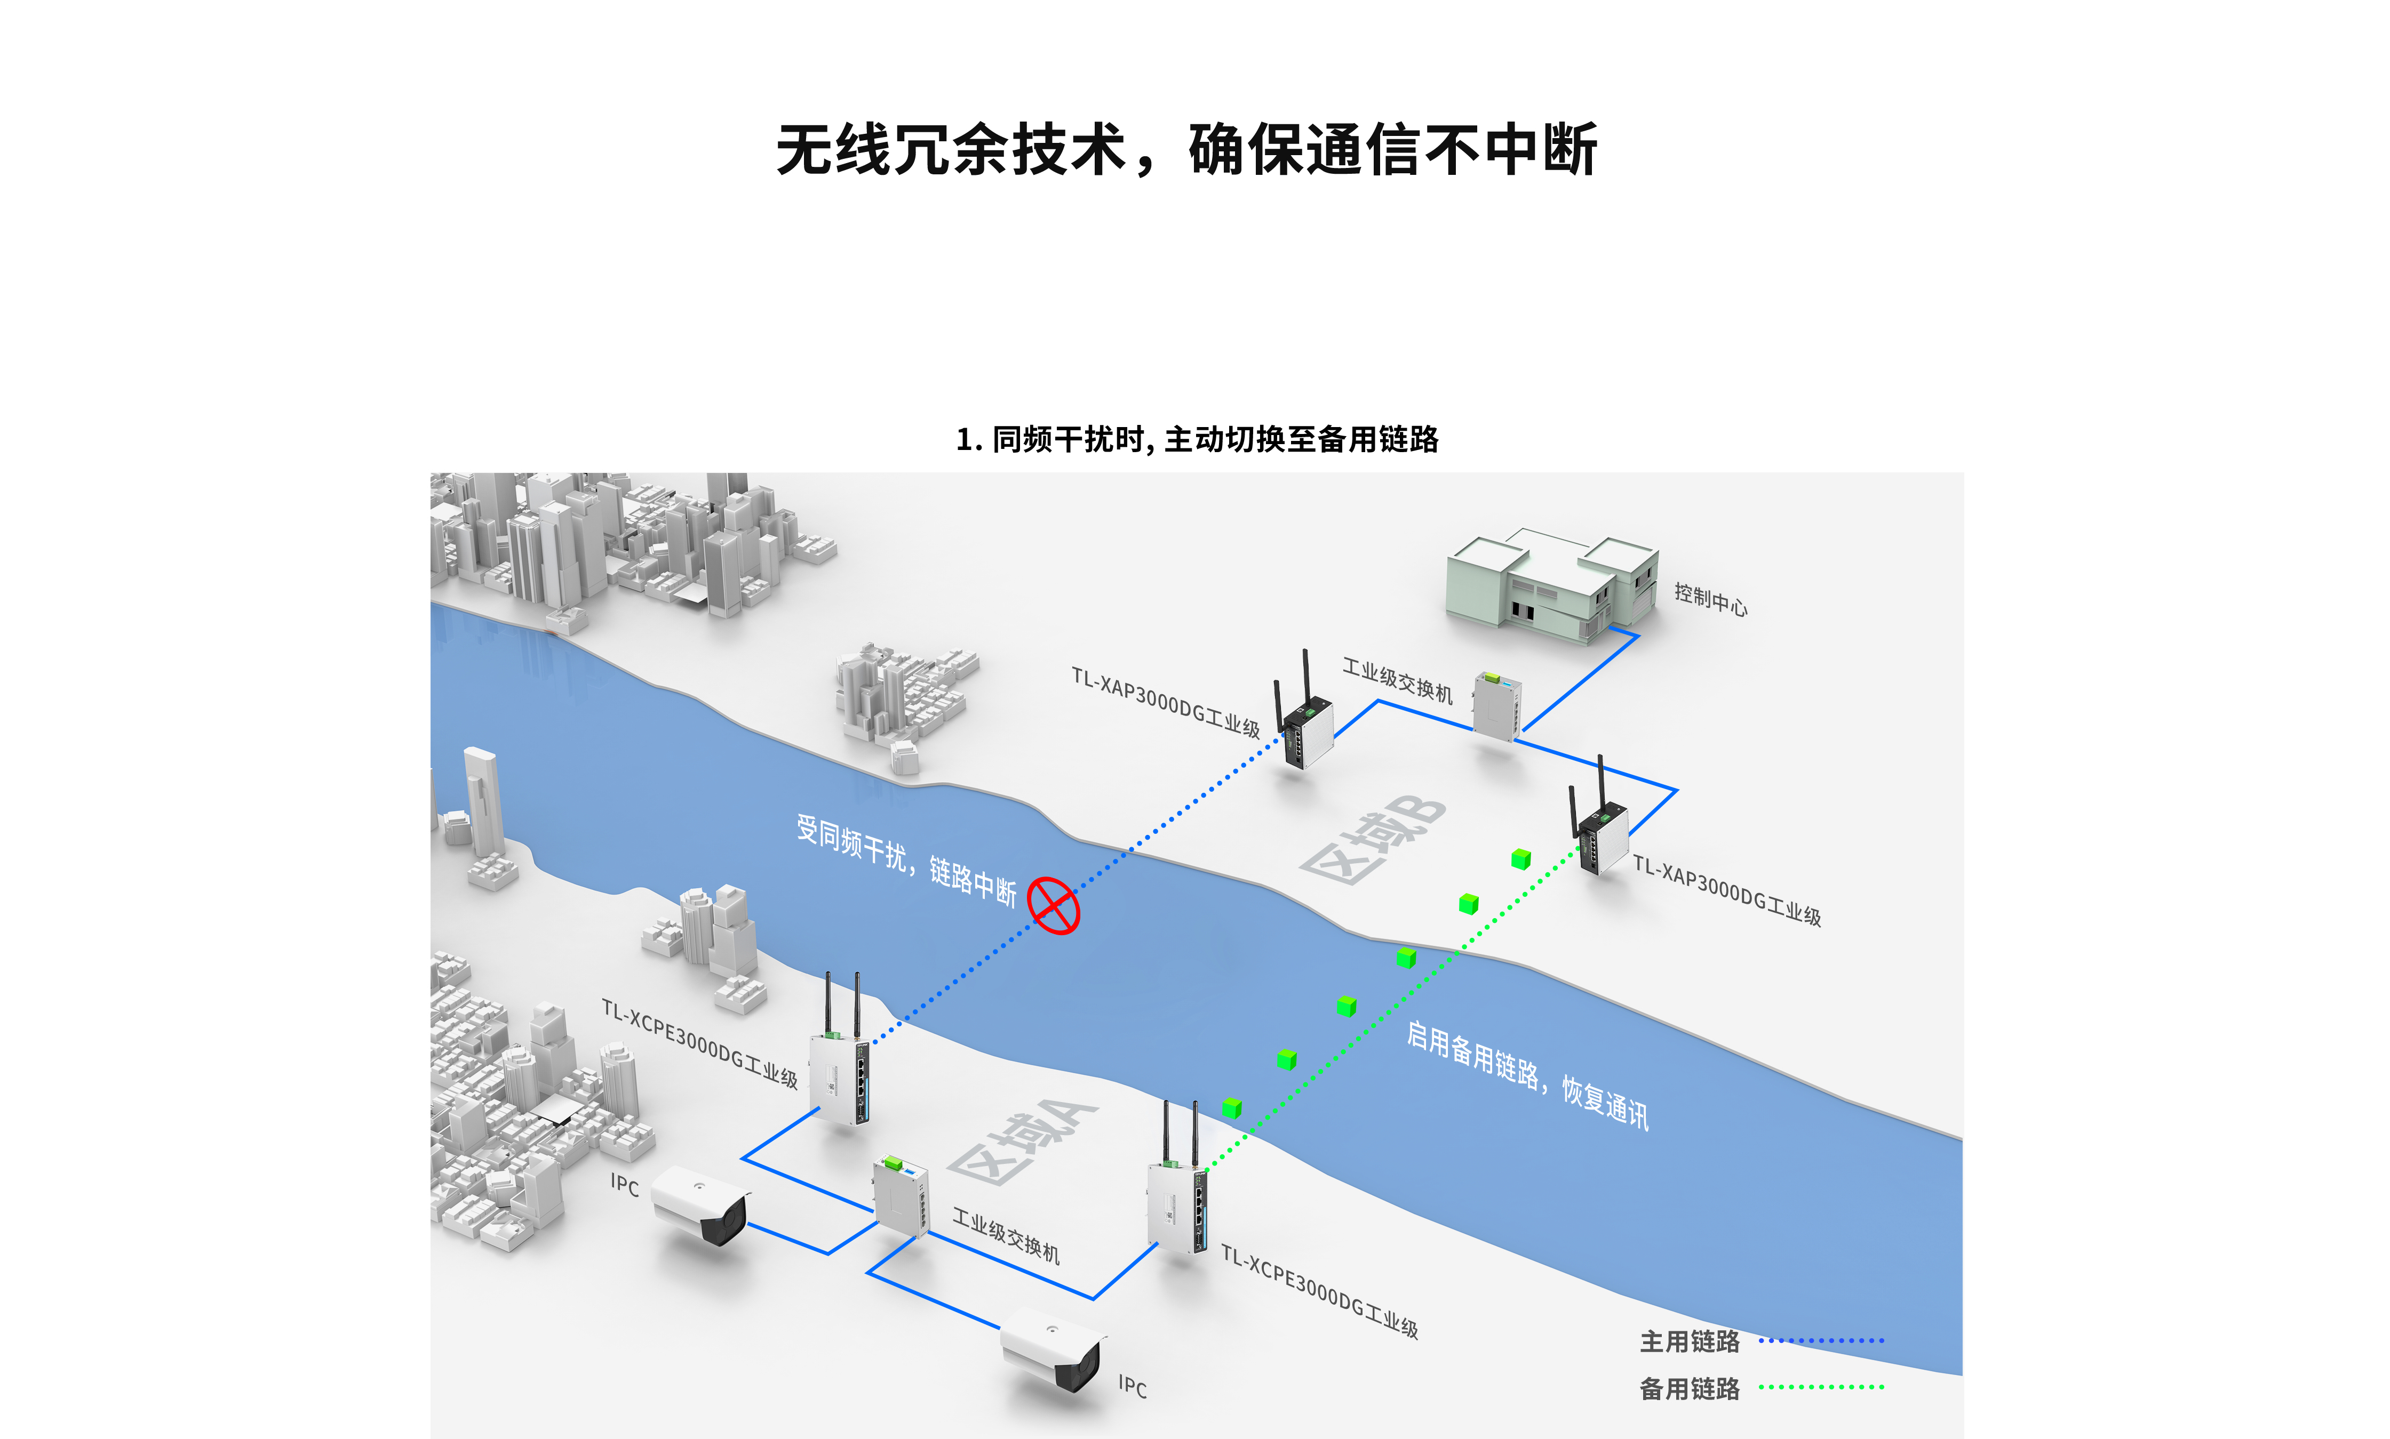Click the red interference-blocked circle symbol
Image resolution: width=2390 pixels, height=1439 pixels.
point(1054,906)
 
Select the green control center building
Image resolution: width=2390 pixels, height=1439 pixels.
point(1550,586)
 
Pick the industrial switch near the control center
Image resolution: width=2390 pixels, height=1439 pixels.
point(1496,706)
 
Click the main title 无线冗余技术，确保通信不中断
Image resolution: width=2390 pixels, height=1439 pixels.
point(1186,150)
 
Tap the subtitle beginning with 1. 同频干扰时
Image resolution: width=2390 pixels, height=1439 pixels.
point(1197,439)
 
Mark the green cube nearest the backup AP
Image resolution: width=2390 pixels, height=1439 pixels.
point(1521,859)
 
